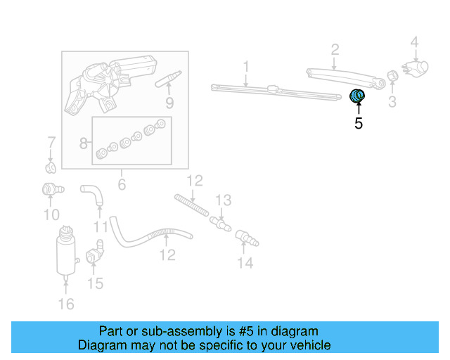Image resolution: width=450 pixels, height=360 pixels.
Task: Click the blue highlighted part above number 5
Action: [x=358, y=96]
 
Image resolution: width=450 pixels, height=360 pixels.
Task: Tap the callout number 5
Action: [x=359, y=124]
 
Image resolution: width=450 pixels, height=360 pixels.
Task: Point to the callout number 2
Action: [x=335, y=49]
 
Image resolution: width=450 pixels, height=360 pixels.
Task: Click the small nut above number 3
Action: [x=393, y=77]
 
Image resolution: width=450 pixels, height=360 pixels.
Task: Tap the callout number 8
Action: [x=84, y=144]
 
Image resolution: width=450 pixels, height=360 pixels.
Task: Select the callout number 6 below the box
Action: [x=121, y=185]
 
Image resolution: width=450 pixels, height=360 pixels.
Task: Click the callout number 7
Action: [x=51, y=143]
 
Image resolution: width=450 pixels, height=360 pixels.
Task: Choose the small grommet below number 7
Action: [x=50, y=168]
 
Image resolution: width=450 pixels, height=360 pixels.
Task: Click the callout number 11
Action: [x=101, y=227]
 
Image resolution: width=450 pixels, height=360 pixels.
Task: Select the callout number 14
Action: [x=245, y=263]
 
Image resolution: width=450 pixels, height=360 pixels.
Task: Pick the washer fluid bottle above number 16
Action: [x=65, y=250]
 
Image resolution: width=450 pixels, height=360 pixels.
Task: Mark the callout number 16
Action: [x=65, y=303]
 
